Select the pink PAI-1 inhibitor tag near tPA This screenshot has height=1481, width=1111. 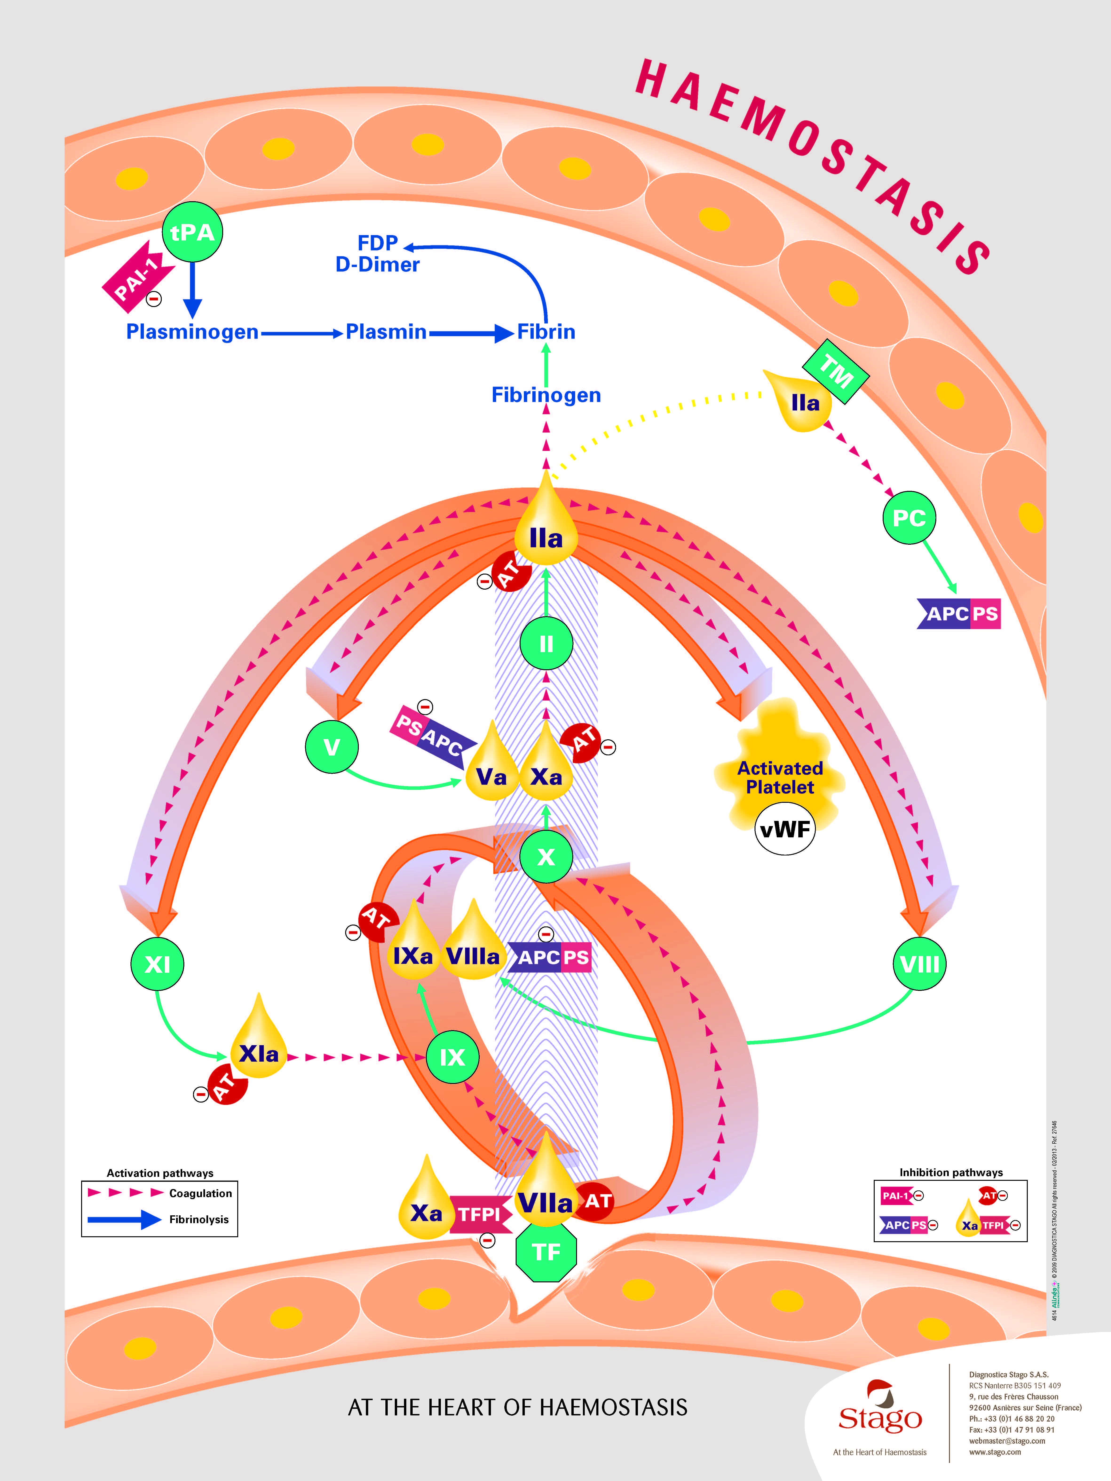[x=137, y=276]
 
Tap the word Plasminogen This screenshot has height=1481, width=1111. [x=192, y=332]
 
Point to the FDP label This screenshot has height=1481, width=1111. [x=378, y=242]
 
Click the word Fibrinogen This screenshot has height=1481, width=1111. [x=546, y=395]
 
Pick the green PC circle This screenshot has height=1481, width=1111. [x=909, y=518]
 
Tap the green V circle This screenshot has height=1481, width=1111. [x=332, y=747]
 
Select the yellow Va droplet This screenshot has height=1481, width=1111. [x=492, y=770]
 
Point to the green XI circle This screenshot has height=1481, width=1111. [x=157, y=964]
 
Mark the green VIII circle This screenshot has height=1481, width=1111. [x=919, y=964]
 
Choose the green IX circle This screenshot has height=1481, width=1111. [x=453, y=1057]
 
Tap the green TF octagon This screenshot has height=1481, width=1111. [x=546, y=1252]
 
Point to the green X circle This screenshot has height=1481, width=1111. [x=546, y=856]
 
